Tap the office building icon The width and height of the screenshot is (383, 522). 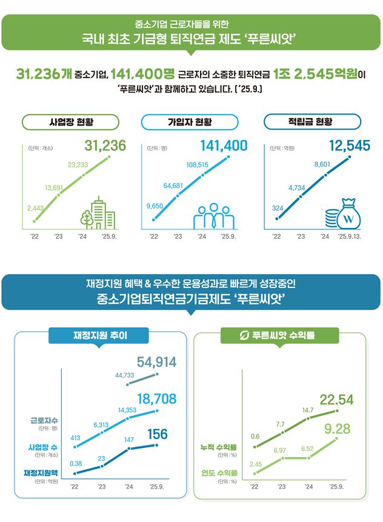(98, 214)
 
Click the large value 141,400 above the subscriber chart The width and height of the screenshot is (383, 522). (224, 146)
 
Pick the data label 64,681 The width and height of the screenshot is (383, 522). (173, 185)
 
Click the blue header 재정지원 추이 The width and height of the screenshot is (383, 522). (101, 334)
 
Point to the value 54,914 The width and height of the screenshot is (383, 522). (156, 363)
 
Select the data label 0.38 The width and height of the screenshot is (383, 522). (76, 463)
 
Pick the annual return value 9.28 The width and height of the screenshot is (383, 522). (338, 430)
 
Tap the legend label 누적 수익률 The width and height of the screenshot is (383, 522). (218, 447)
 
